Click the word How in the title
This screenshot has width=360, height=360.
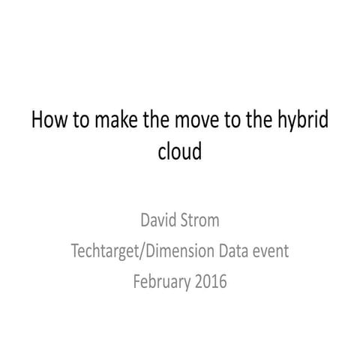tap(46, 121)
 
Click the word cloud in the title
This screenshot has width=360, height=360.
tap(180, 152)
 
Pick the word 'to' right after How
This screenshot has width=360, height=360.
tap(75, 121)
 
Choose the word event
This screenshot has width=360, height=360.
tap(273, 252)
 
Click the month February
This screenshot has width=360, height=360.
tap(161, 282)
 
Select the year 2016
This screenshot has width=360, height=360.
tap(211, 282)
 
